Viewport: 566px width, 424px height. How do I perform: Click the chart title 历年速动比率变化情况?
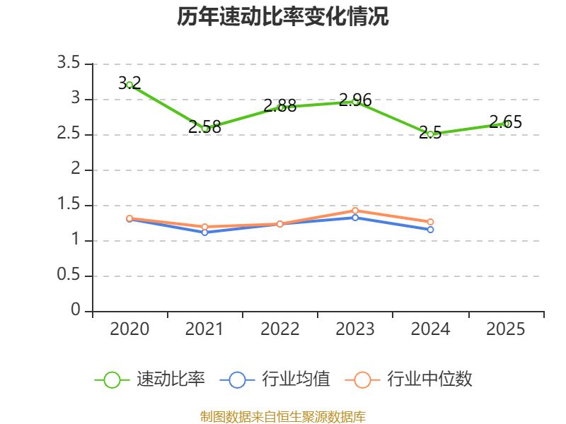pyautogui.click(x=282, y=16)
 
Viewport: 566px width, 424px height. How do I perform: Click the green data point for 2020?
pyautogui.click(x=129, y=85)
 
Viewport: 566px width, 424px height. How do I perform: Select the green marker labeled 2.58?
pyautogui.click(x=205, y=129)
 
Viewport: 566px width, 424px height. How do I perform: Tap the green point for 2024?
pyautogui.click(x=430, y=134)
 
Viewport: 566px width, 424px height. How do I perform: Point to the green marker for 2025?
pyautogui.click(x=506, y=124)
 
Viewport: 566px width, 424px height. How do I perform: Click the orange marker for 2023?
pyautogui.click(x=355, y=211)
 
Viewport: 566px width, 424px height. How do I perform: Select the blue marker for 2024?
pyautogui.click(x=430, y=230)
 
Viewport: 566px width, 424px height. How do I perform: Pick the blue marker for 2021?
pyautogui.click(x=205, y=232)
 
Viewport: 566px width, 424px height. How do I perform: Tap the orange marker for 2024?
pyautogui.click(x=430, y=222)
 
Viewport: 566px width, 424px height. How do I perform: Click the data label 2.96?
pyautogui.click(x=355, y=100)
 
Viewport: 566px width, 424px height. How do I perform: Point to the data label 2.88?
pyautogui.click(x=279, y=105)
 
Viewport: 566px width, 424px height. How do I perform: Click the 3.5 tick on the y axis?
pyautogui.click(x=69, y=63)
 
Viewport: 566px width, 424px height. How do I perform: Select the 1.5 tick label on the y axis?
pyautogui.click(x=69, y=204)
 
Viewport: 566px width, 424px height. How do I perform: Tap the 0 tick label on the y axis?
pyautogui.click(x=76, y=310)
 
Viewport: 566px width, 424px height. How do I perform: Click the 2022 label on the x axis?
pyautogui.click(x=279, y=329)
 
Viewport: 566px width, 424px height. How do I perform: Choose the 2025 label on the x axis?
pyautogui.click(x=505, y=329)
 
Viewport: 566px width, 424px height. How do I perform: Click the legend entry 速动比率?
pyautogui.click(x=149, y=379)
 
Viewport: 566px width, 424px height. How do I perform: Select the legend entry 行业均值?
pyautogui.click(x=275, y=379)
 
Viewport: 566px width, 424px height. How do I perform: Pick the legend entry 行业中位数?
pyautogui.click(x=409, y=379)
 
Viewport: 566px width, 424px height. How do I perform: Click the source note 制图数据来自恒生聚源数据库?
pyautogui.click(x=282, y=417)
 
